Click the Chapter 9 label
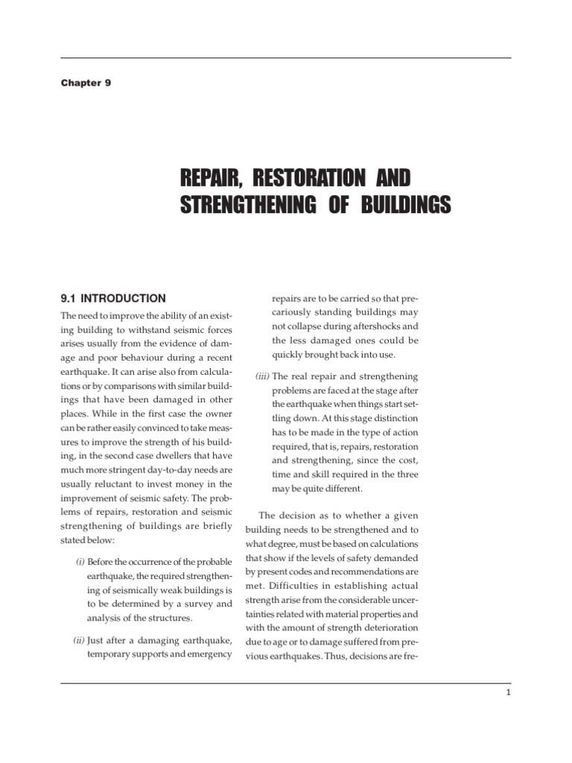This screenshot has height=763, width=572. coord(86,83)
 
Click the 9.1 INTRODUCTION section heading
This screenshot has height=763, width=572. coord(113,298)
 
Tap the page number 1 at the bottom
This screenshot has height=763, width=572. coord(507,692)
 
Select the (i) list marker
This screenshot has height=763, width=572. coord(80,561)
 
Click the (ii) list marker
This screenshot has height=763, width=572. coord(79,640)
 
